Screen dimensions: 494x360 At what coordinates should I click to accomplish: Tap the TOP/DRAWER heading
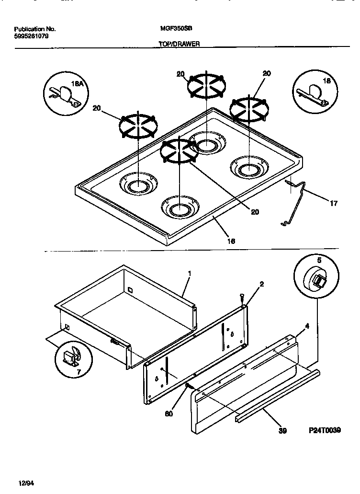(x=179, y=44)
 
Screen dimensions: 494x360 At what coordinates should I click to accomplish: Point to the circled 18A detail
(x=65, y=93)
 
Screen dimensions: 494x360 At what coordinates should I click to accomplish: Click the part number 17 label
(x=333, y=203)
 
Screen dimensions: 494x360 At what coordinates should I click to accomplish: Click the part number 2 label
(x=261, y=284)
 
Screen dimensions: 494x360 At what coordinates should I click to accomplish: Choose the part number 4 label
(x=307, y=326)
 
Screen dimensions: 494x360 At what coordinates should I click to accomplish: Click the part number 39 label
(x=282, y=431)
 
